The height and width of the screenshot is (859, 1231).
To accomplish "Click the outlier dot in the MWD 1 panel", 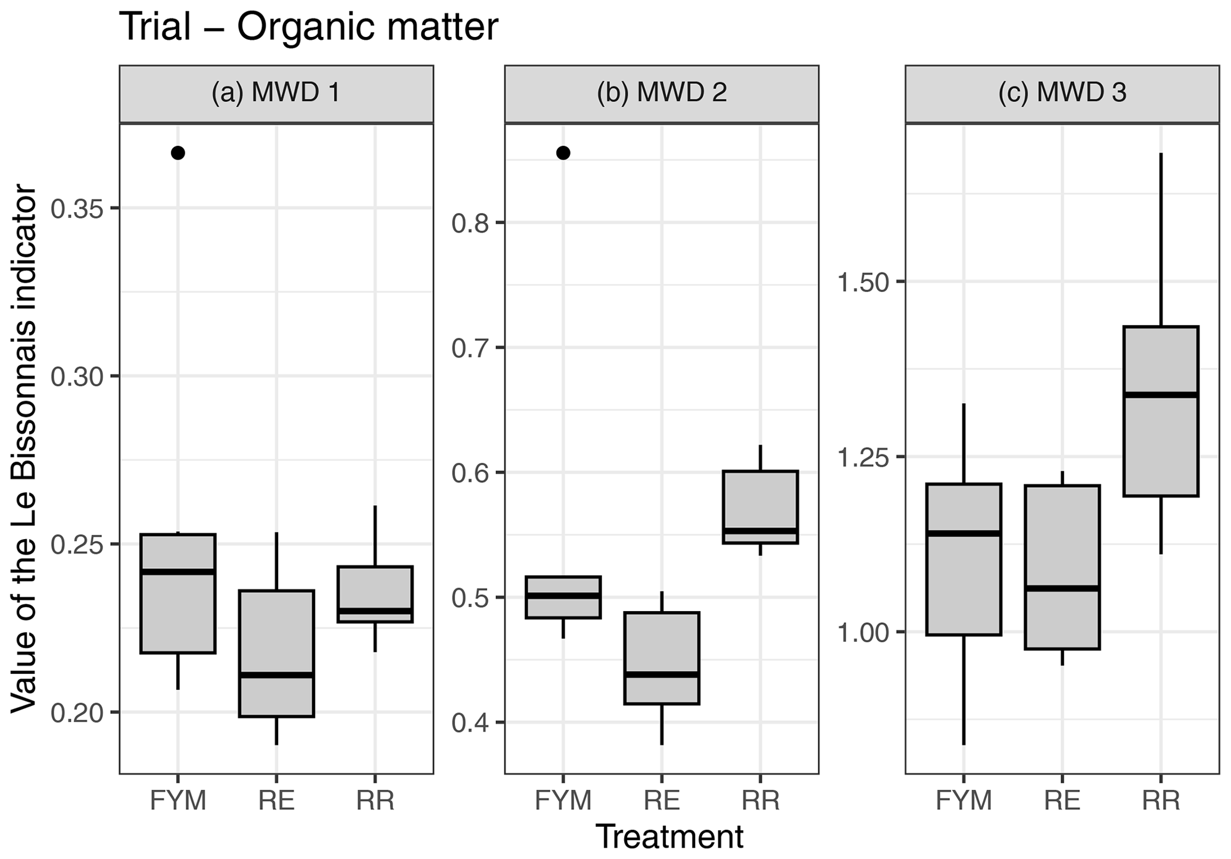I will (178, 153).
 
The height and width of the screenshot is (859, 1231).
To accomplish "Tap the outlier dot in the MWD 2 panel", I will (563, 153).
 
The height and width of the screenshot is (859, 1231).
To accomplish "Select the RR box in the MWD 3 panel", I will (1161, 441).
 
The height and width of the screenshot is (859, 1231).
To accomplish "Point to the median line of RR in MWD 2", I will (761, 530).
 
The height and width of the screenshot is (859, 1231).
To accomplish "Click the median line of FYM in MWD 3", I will (964, 533).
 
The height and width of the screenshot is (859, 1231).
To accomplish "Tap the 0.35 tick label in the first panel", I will (76, 208).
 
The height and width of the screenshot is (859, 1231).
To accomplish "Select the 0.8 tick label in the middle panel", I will (470, 223).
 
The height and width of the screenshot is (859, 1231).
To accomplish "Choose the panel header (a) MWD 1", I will (276, 94).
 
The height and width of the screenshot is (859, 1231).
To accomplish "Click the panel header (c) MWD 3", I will (1062, 94).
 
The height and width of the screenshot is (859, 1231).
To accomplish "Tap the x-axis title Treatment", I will (669, 837).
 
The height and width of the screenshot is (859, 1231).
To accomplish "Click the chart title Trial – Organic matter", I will (308, 27).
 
